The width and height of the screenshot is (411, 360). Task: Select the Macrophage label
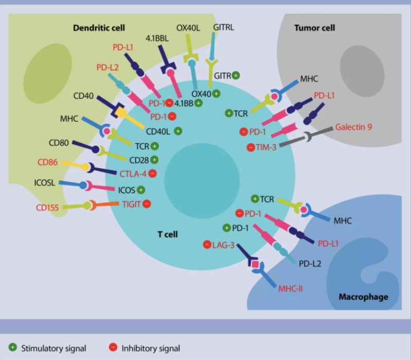(363, 297)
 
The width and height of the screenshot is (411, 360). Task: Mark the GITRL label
(223, 27)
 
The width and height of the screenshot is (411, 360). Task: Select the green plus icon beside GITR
(236, 75)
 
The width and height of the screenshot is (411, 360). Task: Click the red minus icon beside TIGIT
(146, 204)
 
